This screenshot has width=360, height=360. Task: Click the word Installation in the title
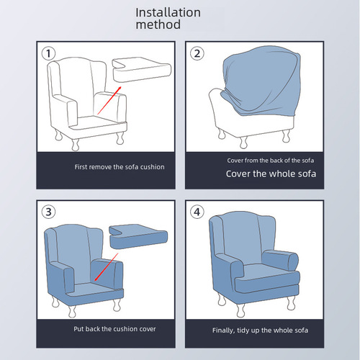tap(168, 12)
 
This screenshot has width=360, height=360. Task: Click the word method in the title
tap(158, 24)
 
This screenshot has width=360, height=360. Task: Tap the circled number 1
tap(48, 53)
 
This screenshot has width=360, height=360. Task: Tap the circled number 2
tap(197, 53)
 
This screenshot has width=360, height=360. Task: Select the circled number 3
tap(48, 212)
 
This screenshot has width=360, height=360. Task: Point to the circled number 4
tap(197, 212)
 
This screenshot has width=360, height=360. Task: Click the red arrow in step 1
tap(109, 100)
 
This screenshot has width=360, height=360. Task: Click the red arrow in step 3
tap(107, 266)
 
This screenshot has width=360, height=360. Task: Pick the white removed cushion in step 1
tap(142, 69)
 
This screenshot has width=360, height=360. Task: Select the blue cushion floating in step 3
tap(138, 236)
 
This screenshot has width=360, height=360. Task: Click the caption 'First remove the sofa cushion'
tap(120, 167)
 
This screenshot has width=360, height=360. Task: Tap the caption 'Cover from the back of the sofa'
tap(271, 161)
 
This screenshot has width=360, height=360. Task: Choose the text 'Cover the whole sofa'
tap(271, 174)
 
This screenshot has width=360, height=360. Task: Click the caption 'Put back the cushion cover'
tap(114, 329)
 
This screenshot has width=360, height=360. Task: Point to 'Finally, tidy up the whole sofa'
tap(260, 330)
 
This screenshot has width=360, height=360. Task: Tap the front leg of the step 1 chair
tap(76, 145)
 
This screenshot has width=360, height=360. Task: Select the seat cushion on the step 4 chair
tap(266, 279)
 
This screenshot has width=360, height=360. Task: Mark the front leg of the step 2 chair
tap(243, 143)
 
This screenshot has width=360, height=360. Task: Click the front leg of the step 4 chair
tap(240, 310)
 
